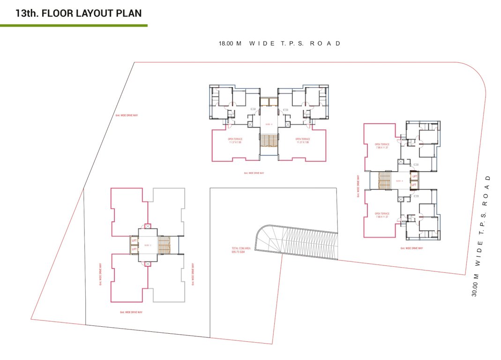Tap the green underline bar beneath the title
pyautogui.click(x=74, y=25)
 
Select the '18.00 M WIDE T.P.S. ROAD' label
pyautogui.click(x=279, y=44)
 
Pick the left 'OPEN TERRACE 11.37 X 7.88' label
pyautogui.click(x=235, y=141)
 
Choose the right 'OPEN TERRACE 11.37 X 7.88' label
pyautogui.click(x=302, y=141)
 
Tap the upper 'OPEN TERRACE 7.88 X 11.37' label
pyautogui.click(x=382, y=146)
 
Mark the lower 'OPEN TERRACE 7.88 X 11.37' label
pyautogui.click(x=382, y=215)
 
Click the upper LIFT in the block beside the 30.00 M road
pyautogui.click(x=414, y=177)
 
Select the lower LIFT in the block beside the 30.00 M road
pyautogui.click(x=414, y=185)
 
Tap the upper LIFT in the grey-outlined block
pyautogui.click(x=134, y=241)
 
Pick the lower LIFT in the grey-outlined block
pyautogui.click(x=134, y=249)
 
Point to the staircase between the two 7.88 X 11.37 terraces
pyautogui.click(x=384, y=180)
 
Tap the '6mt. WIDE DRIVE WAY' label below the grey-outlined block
pyautogui.click(x=131, y=312)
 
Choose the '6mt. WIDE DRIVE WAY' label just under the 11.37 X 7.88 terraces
pyautogui.click(x=254, y=173)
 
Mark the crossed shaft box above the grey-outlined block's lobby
pyautogui.click(x=148, y=226)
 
